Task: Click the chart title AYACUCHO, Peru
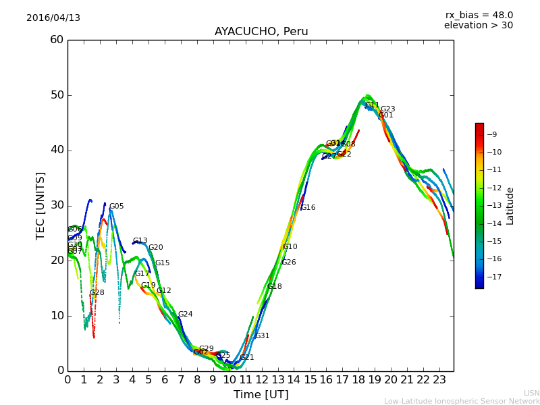[x=261, y=32]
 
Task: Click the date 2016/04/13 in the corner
[x=53, y=18]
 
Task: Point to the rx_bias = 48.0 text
[x=479, y=16]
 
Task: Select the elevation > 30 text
[x=478, y=26]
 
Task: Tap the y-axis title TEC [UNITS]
[x=41, y=205]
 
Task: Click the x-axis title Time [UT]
[x=261, y=394]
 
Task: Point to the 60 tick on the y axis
[x=57, y=40]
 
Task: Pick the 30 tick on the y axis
[x=57, y=205]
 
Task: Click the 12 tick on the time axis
[x=262, y=380]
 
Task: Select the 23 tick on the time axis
[x=439, y=380]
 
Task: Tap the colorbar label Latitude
[x=510, y=206]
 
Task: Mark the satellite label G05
[x=116, y=207]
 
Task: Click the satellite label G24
[x=185, y=315]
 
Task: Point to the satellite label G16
[x=308, y=208]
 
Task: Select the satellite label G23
[x=387, y=109]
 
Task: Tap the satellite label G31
[x=262, y=336]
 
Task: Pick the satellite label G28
[x=97, y=293]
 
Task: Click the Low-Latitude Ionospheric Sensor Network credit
[x=462, y=402]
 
